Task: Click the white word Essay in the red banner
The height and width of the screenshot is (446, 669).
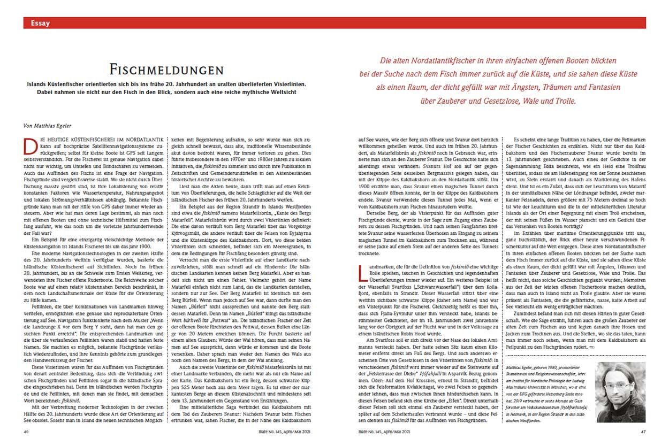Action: [x=41, y=23]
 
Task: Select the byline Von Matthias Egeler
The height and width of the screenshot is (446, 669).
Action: [x=48, y=126]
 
